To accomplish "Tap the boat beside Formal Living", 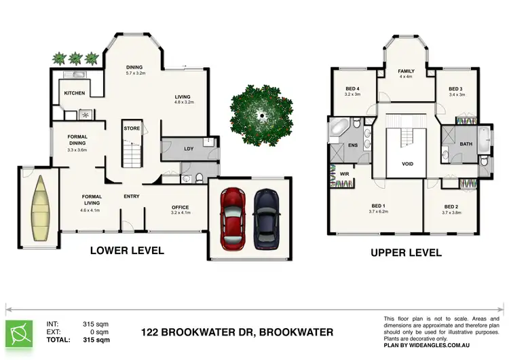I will [39, 208].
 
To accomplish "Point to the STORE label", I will [131, 127].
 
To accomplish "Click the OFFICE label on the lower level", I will [180, 208].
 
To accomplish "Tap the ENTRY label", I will [132, 197].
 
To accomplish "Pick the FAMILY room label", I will [407, 71].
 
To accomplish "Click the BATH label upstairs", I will [466, 144].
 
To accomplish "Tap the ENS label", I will [353, 144].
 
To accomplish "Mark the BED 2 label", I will [452, 206].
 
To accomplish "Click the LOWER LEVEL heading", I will [127, 250].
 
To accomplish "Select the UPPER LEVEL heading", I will [406, 253].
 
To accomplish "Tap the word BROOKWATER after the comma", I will [298, 333].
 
